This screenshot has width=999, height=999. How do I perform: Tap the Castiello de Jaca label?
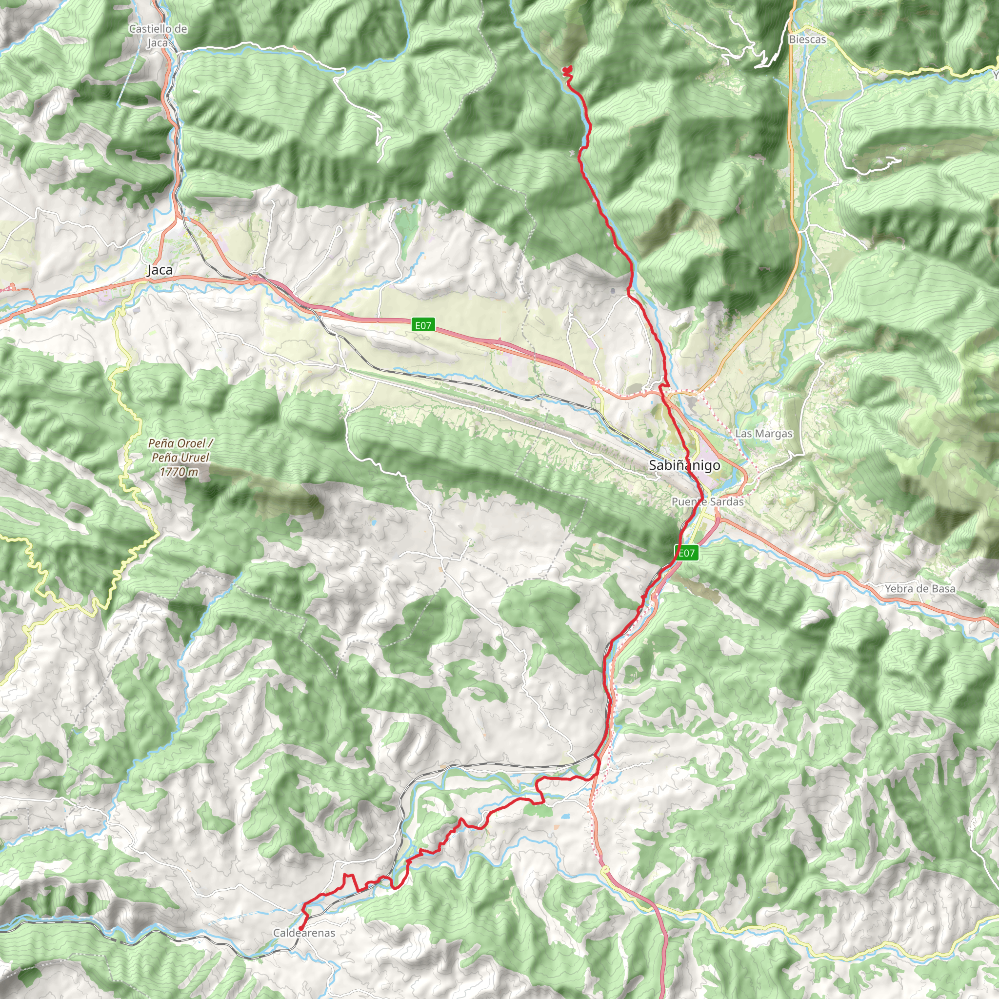pos(158,36)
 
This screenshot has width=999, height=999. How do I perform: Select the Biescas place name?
pos(807,40)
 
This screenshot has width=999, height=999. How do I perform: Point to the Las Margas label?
pos(764,433)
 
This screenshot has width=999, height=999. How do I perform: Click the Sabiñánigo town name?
pos(684,465)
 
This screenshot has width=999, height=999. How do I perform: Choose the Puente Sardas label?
pos(707,501)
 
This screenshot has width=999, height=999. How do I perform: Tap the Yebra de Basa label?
pos(920,588)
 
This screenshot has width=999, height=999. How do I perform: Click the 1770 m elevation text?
pos(179,472)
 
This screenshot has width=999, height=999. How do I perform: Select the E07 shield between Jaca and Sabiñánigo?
pos(423,325)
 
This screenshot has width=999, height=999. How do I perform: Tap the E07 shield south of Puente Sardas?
pos(687,553)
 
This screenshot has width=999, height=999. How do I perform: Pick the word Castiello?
pos(150,29)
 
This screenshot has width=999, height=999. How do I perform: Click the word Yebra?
pos(899,588)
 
